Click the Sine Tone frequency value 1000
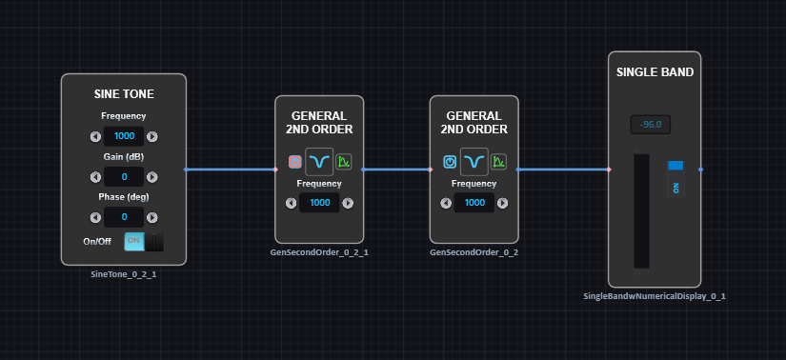point(124,136)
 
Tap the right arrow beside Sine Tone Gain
point(152,177)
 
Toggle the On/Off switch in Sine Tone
point(144,242)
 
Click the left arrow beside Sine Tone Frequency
point(95,136)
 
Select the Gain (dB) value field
point(124,177)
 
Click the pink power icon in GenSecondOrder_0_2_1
point(295,162)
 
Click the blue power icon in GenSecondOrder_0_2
point(450,162)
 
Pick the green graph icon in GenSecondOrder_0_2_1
point(343,162)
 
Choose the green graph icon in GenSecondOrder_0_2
point(498,162)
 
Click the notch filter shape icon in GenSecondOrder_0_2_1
point(319,162)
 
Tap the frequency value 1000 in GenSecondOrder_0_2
point(474,203)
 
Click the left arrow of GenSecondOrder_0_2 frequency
point(446,203)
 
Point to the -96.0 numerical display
point(651,125)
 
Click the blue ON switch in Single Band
point(675,179)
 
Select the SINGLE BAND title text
point(655,72)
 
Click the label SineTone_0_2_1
point(124,274)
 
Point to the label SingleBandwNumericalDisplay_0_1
point(655,296)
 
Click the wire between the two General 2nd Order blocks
point(396,170)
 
